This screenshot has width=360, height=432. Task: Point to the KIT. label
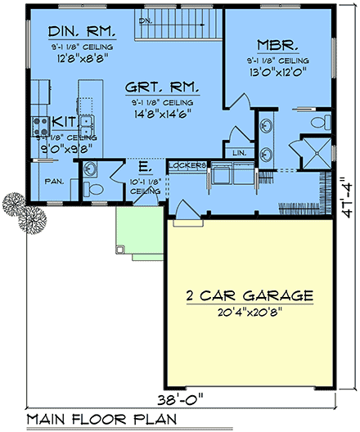pyautogui.click(x=64, y=121)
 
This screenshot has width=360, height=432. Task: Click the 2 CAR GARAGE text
pyautogui.click(x=250, y=295)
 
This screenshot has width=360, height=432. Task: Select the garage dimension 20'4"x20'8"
pyautogui.click(x=250, y=312)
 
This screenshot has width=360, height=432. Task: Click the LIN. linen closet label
pyautogui.click(x=239, y=153)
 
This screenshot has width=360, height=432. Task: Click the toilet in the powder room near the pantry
pyautogui.click(x=92, y=189)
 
